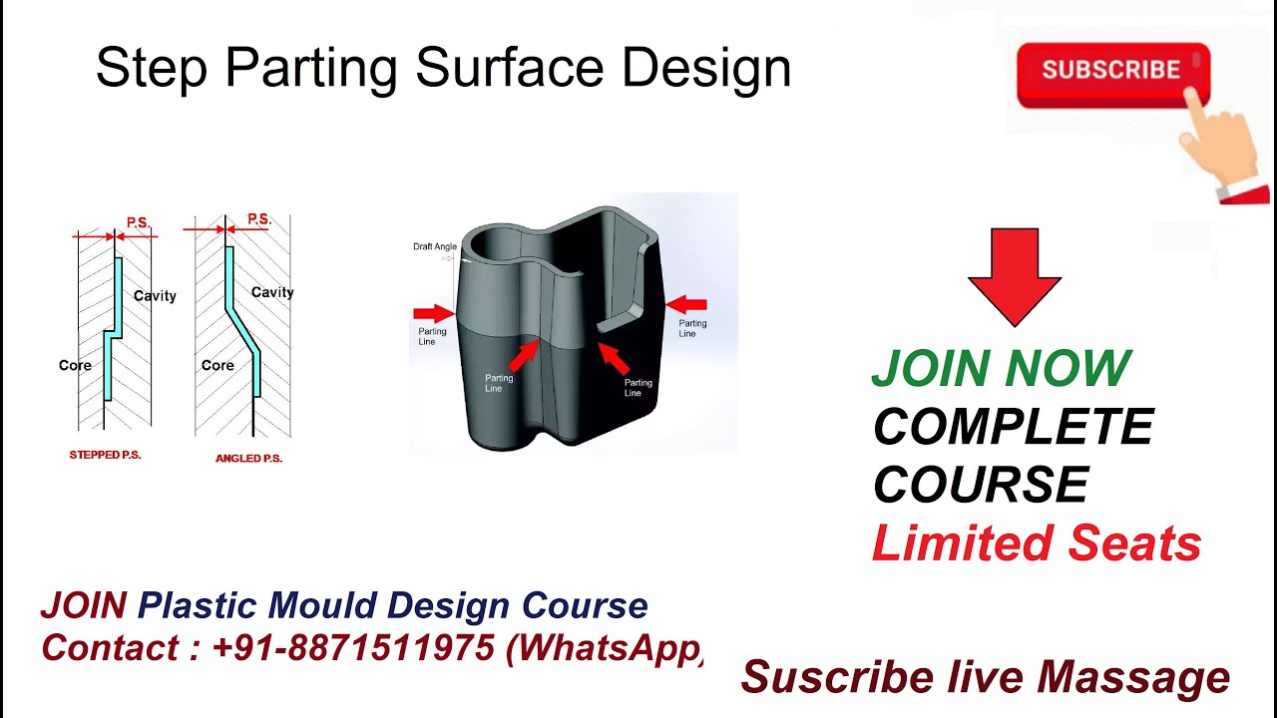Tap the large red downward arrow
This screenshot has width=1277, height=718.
[x=1014, y=274]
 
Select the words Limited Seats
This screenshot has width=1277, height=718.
[x=1037, y=543]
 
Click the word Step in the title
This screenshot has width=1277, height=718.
[x=153, y=69]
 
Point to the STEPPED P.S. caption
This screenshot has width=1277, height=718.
[x=105, y=455]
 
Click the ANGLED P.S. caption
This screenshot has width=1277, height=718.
[x=248, y=459]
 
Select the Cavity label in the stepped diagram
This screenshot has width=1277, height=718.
[x=155, y=296]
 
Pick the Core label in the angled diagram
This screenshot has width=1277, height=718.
[x=217, y=366]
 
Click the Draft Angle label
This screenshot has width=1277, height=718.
[x=435, y=246]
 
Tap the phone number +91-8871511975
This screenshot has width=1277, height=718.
[x=353, y=648]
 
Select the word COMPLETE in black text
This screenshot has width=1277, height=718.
[x=1013, y=428]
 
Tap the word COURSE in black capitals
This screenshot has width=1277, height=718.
[x=981, y=486]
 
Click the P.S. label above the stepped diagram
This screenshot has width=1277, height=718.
[x=138, y=222]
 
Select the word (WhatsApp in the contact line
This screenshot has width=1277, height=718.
[x=605, y=648]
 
